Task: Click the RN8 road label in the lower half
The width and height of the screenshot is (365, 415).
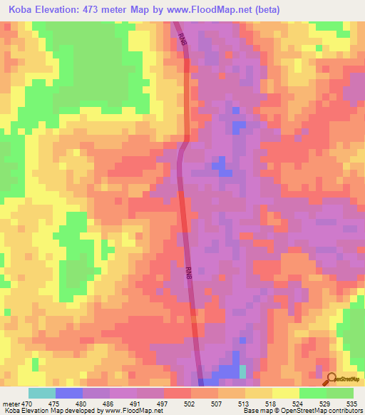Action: [x=188, y=272]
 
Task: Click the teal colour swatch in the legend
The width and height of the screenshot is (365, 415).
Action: [x=42, y=393]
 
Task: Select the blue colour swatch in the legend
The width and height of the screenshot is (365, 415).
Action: [x=69, y=393]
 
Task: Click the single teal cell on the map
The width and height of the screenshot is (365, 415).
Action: [x=242, y=372]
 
